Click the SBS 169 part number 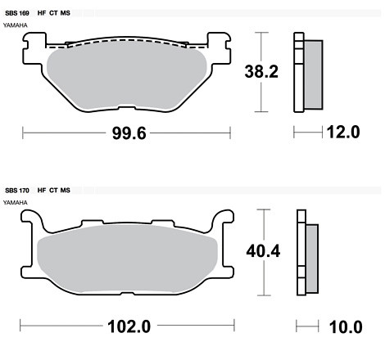(17, 13)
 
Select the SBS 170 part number (17, 191)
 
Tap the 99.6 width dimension (129, 133)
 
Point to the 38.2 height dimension (261, 72)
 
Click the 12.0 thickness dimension (343, 133)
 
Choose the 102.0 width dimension (129, 326)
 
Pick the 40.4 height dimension (263, 251)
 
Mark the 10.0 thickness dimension (346, 327)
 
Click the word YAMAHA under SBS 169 (16, 25)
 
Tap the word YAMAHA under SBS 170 (16, 203)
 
